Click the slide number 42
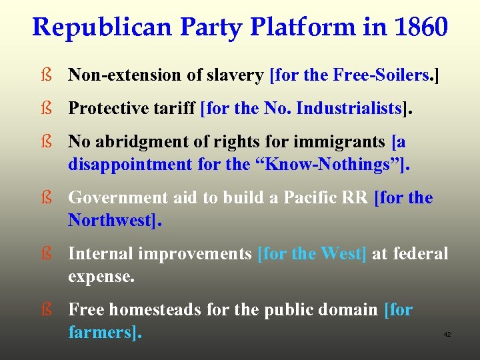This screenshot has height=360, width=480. click(x=447, y=335)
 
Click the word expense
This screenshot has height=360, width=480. click(x=101, y=276)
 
